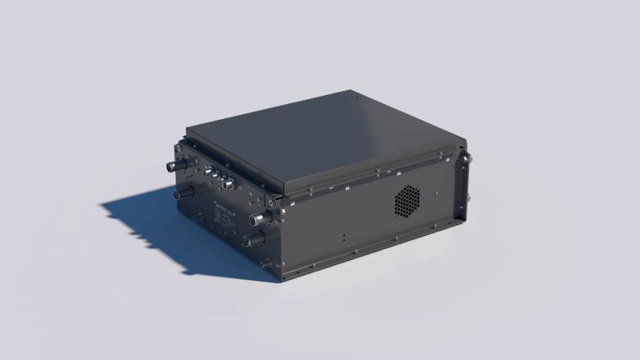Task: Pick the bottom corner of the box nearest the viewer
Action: pyautogui.click(x=283, y=277)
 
